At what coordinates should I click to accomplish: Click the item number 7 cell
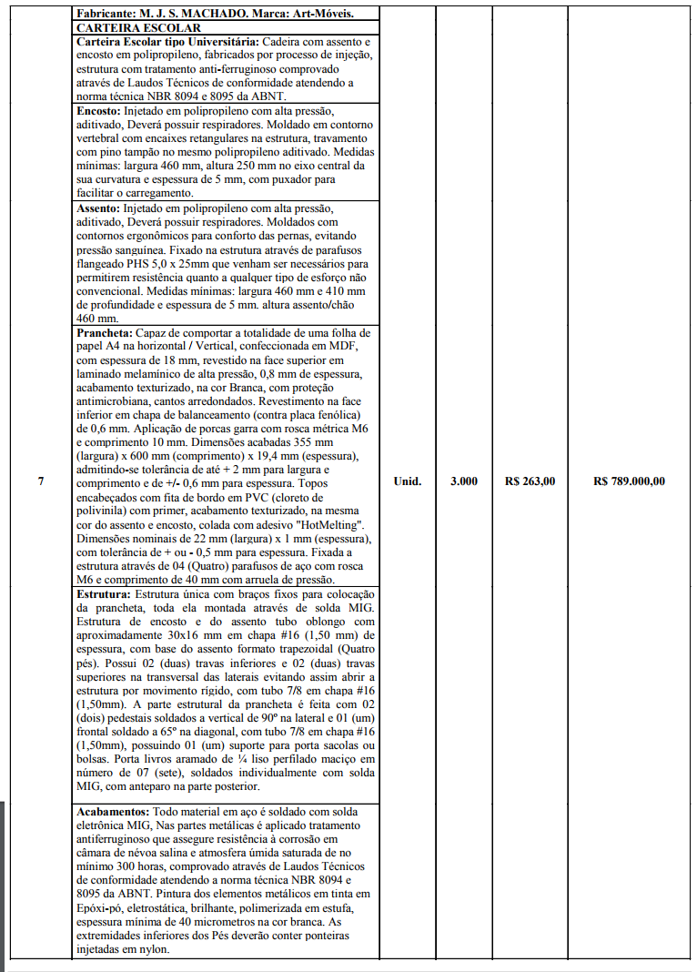click(40, 481)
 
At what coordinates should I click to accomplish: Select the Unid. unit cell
click(407, 481)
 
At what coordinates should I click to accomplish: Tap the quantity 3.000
click(464, 481)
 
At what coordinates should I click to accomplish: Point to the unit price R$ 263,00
click(530, 481)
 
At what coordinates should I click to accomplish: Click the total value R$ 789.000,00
click(629, 481)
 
